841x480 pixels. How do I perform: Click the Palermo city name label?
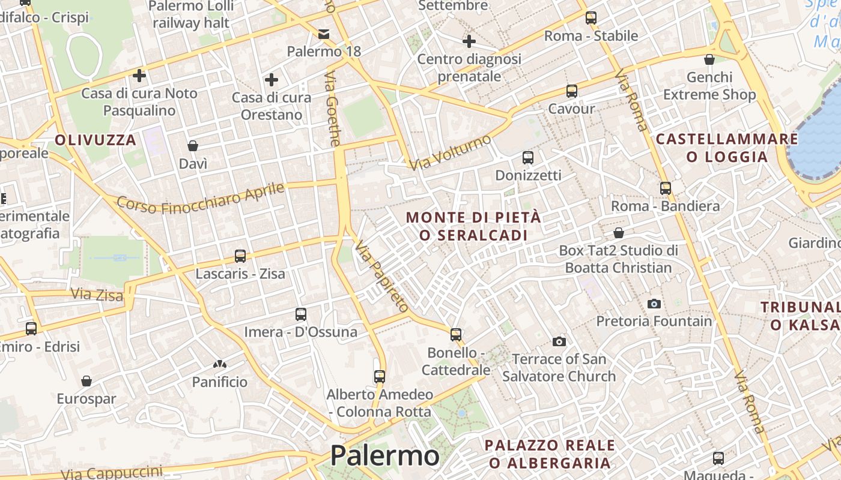click(x=384, y=456)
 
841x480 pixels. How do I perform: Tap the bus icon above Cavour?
click(x=571, y=91)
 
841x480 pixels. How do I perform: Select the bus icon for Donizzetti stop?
click(x=528, y=158)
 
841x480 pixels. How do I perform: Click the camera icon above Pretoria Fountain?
click(x=654, y=304)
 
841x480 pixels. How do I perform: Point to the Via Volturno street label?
click(x=451, y=152)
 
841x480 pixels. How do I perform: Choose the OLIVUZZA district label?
click(x=96, y=140)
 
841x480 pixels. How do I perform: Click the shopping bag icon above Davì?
click(x=193, y=146)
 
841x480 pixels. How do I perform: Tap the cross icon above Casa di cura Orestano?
click(x=272, y=79)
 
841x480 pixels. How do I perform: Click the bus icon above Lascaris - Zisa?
click(x=240, y=256)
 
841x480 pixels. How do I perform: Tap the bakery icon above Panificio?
click(x=219, y=364)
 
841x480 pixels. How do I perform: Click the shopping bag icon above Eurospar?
click(x=87, y=381)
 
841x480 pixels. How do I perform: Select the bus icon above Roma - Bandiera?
click(x=665, y=188)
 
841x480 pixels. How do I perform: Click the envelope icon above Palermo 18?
click(x=324, y=34)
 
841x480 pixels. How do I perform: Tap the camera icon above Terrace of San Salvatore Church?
click(x=559, y=341)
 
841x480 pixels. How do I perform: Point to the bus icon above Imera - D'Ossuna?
click(x=301, y=314)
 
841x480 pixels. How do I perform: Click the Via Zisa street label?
click(x=97, y=295)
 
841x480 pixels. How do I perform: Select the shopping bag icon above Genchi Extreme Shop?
click(x=709, y=59)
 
